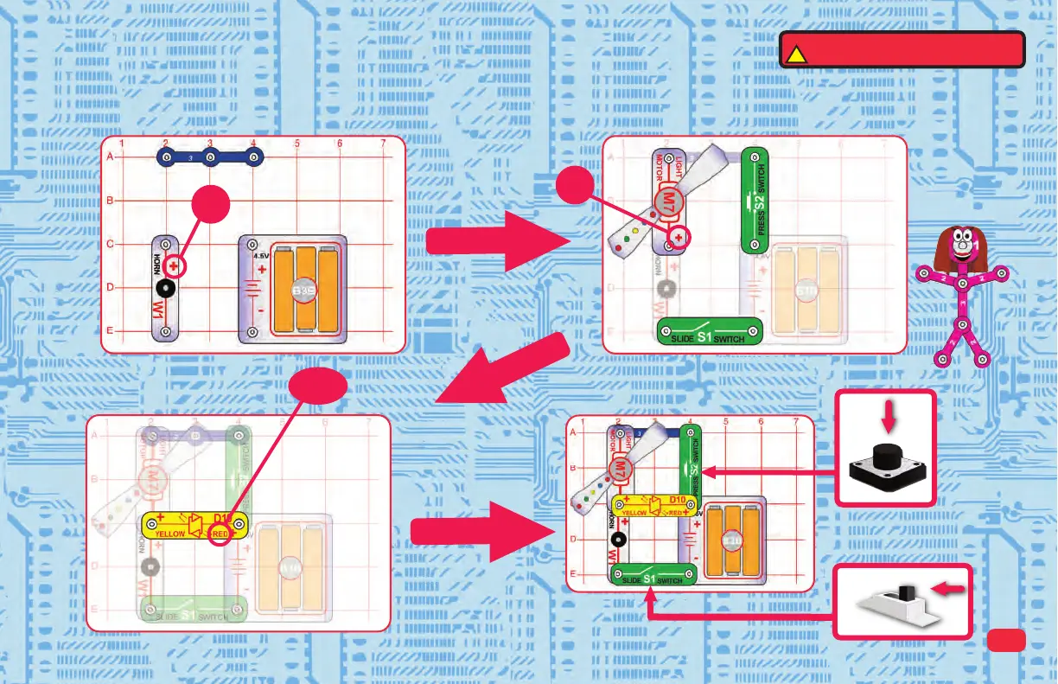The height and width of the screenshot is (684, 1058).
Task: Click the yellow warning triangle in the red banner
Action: point(795,54)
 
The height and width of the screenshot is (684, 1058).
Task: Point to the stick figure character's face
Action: point(959,246)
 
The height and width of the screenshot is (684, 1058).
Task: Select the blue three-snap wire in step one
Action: point(209,157)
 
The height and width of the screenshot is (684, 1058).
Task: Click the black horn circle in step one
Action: point(169,288)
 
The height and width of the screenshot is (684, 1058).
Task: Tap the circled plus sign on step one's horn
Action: point(175,266)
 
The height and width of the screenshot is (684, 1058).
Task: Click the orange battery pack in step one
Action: point(304,291)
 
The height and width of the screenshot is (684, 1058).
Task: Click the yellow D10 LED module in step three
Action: point(194,524)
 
